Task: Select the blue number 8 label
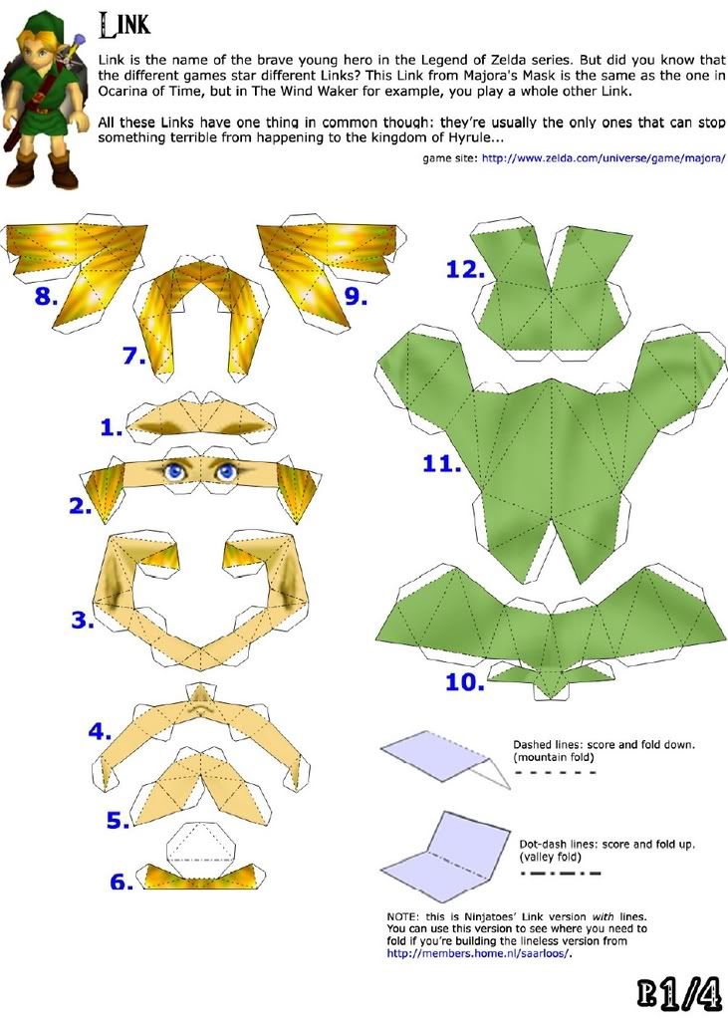45,296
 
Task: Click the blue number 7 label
134,355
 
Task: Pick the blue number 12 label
465,269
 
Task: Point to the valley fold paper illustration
444,857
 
